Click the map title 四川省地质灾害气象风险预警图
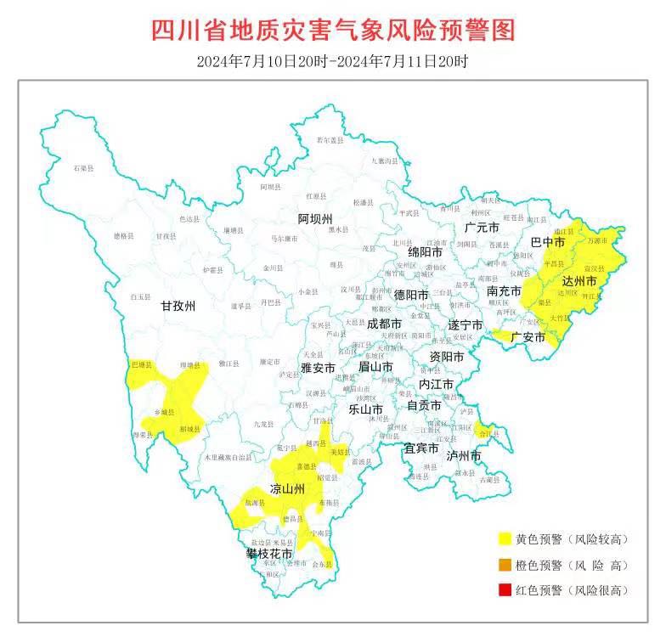pyautogui.click(x=333, y=31)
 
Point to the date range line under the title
pyautogui.click(x=333, y=61)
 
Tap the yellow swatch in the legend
pyautogui.click(x=505, y=538)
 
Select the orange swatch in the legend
pyautogui.click(x=505, y=564)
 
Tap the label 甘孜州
pyautogui.click(x=178, y=307)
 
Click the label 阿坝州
pyautogui.click(x=315, y=219)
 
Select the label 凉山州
pyautogui.click(x=287, y=489)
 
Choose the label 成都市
pyautogui.click(x=384, y=324)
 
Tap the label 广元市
pyautogui.click(x=482, y=228)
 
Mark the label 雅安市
pyautogui.click(x=318, y=369)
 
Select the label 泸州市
pyautogui.click(x=464, y=456)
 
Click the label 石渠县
pyautogui.click(x=83, y=170)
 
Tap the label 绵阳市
pyautogui.click(x=424, y=252)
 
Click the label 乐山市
pyautogui.click(x=366, y=409)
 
